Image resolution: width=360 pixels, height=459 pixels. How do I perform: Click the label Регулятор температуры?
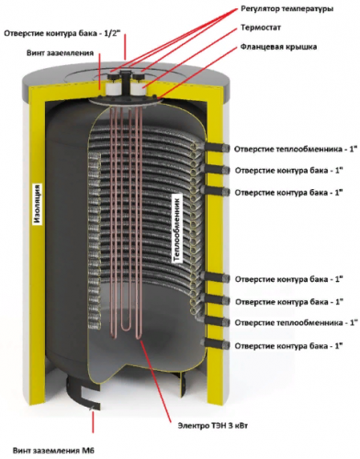pos(287,9)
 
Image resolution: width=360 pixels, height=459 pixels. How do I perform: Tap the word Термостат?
pos(261,28)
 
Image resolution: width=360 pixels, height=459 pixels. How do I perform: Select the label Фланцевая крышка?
pos(278,47)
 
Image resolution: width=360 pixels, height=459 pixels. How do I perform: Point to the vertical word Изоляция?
pos(38,204)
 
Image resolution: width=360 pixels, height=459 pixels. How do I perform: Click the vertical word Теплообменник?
pos(177,228)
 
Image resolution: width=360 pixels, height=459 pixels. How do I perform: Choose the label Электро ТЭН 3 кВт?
pos(213,426)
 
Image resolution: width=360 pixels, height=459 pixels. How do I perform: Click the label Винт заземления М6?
pos(53,451)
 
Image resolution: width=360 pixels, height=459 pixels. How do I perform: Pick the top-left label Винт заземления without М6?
pos(60,53)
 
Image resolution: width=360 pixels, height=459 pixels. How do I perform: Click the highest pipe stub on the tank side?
pos(217,148)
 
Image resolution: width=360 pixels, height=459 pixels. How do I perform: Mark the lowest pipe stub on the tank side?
pos(217,344)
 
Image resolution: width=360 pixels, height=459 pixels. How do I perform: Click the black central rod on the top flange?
pos(125,84)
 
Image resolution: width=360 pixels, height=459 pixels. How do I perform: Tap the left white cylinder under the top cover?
pos(111,87)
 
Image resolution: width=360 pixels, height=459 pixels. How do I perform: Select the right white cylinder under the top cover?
pos(139,86)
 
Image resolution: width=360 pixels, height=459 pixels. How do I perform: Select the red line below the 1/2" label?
pos(125,47)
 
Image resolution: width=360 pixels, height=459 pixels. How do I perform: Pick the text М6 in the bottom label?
pos(88,451)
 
